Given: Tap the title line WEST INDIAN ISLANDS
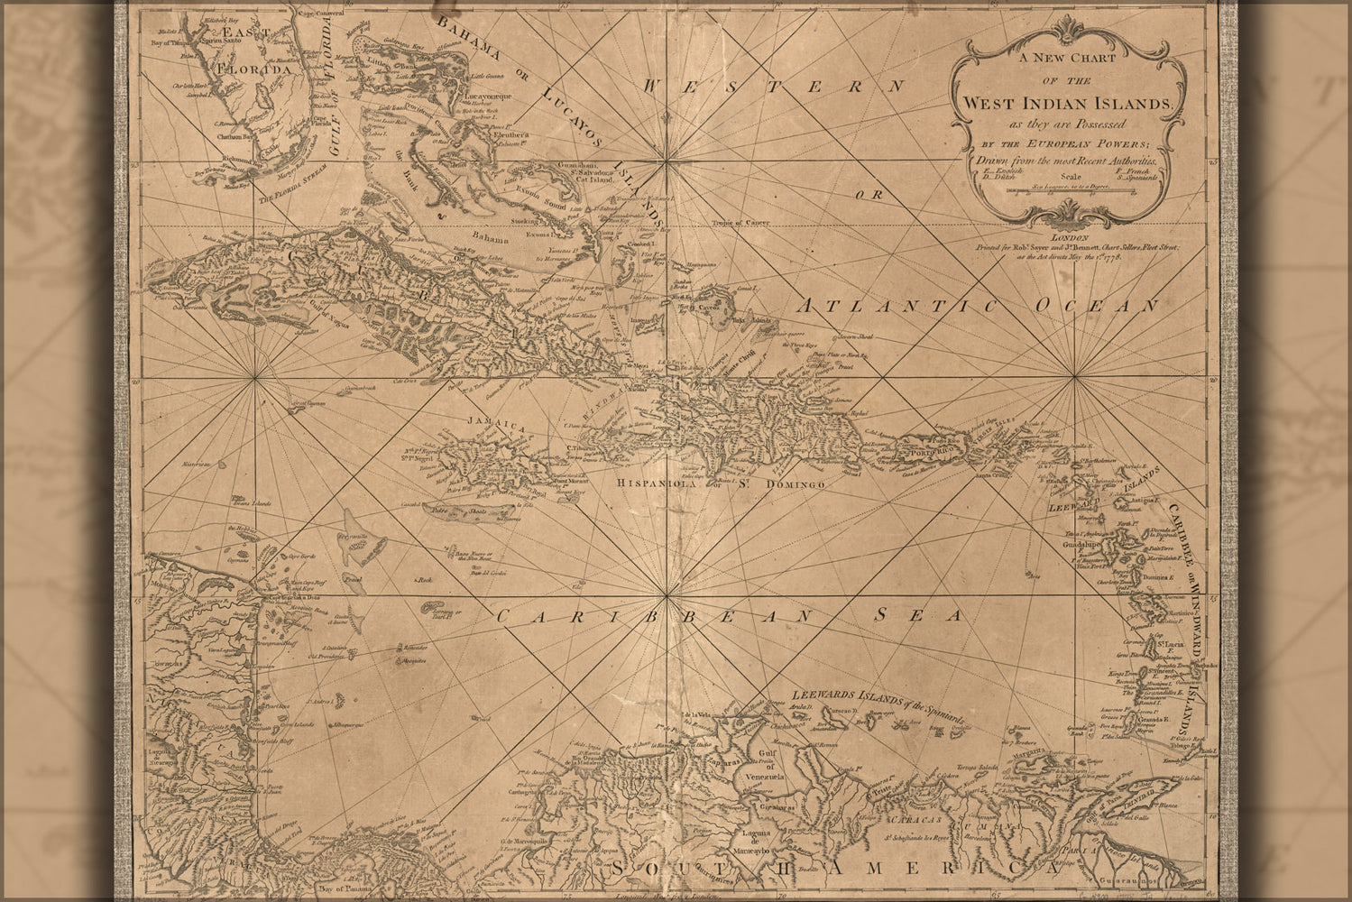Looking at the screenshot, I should coord(1067,104).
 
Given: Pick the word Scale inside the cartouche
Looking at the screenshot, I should coord(1069,177).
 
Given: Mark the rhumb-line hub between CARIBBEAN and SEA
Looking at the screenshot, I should coord(667,596).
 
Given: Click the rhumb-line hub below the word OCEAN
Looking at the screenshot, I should coord(1075,379).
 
